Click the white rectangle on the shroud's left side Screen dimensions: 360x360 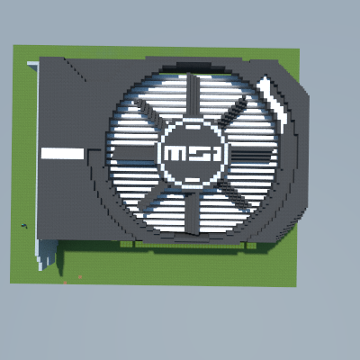[x=62, y=154]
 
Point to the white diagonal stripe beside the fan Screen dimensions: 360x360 [x=273, y=101]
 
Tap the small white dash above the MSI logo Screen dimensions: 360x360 [x=193, y=127]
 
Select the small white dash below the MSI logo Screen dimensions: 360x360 [x=193, y=180]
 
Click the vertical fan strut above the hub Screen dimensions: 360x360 [x=193, y=95]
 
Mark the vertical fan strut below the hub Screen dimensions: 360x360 [x=192, y=212]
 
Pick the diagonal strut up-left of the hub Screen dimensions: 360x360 [x=150, y=114]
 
